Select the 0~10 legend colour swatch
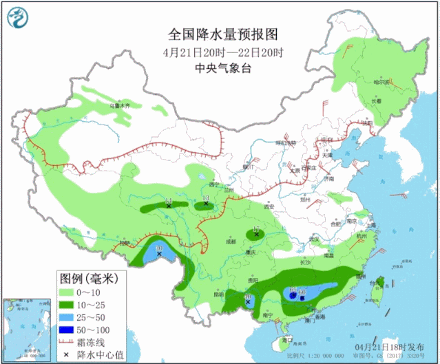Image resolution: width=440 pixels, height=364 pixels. tap(66, 292)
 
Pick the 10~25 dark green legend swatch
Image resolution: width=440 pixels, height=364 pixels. tap(66, 304)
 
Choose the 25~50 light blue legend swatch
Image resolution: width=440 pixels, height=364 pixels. tap(66, 317)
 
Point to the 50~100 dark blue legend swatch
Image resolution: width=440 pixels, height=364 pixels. tap(66, 329)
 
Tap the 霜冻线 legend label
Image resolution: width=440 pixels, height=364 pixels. tap(93, 341)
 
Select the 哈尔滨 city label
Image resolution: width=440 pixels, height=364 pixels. tap(381, 81)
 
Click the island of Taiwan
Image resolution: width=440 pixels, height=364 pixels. tap(376, 289)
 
